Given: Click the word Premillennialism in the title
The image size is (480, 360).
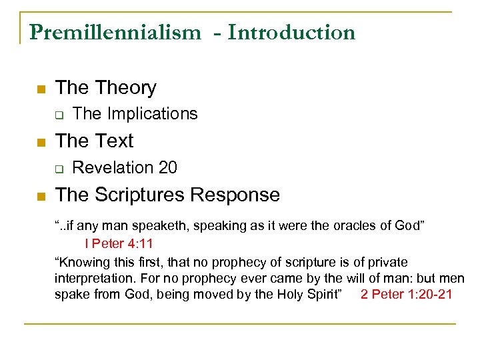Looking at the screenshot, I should click(114, 32).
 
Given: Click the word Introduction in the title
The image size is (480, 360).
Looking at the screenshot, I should click(291, 32).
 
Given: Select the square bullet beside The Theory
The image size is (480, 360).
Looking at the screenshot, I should click(41, 89).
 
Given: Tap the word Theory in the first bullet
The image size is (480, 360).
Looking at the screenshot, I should click(125, 87).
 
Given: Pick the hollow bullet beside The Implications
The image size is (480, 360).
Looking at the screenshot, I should click(59, 115).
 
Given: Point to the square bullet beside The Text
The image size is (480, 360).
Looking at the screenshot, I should click(41, 142).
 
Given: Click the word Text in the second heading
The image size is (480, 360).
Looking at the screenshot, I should click(114, 141).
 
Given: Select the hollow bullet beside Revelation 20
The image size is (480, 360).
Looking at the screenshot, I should click(59, 169).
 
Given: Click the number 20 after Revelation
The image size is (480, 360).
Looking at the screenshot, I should click(168, 167).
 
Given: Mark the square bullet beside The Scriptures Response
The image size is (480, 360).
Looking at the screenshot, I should click(41, 196).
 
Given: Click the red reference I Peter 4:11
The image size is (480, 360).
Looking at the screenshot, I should click(123, 244).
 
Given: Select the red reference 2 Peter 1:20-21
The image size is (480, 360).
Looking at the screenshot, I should click(406, 294).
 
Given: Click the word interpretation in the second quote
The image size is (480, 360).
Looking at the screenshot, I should click(98, 278).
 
